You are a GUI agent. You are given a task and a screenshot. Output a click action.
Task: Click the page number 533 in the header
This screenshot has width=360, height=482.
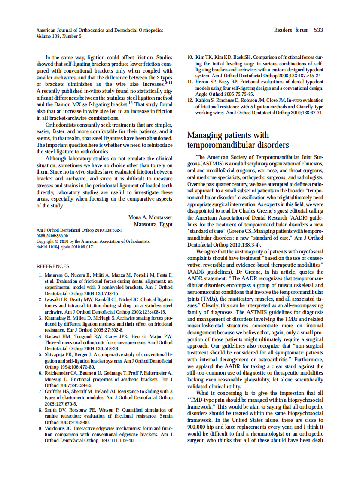(x=318, y=30)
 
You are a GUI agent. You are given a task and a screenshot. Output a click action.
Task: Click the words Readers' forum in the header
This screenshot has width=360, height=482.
(x=291, y=30)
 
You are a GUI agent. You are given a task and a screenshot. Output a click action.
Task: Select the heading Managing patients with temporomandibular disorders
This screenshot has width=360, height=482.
(x=238, y=140)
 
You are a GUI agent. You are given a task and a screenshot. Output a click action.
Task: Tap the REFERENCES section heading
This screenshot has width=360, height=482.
(x=53, y=266)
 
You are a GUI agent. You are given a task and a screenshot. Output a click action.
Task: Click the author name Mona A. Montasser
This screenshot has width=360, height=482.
(x=150, y=217)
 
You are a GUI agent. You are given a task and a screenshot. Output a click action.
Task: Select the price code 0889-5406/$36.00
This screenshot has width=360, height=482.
(x=52, y=236)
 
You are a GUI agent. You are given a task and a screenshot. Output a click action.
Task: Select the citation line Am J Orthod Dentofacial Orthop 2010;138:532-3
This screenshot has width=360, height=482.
(x=79, y=230)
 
